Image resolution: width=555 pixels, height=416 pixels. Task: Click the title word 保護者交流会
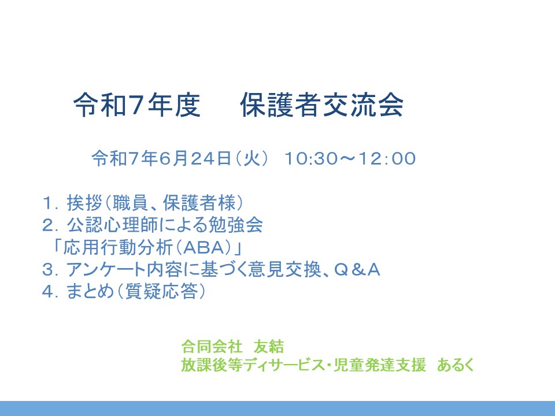pos(322,105)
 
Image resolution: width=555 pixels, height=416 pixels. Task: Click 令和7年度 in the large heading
pos(137,105)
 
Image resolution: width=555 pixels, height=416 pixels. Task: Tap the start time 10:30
pos(311,158)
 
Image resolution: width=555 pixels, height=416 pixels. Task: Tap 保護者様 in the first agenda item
pos(199,203)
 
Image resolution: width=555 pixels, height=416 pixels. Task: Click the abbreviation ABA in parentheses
pos(205,247)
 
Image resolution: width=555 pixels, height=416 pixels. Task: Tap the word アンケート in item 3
pos(106,270)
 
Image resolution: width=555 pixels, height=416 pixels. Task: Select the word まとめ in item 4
pos(90,292)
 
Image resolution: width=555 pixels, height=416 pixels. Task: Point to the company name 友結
pos(269,346)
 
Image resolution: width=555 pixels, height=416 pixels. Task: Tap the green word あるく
pos(456,365)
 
